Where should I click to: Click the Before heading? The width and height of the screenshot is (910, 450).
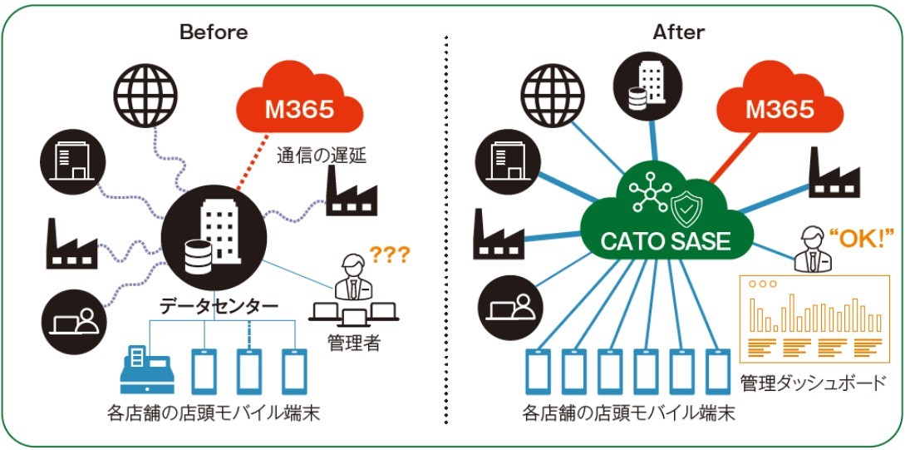(x=214, y=32)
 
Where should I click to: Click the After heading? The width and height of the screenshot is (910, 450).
(x=678, y=32)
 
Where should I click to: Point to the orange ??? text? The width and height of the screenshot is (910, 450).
(x=390, y=254)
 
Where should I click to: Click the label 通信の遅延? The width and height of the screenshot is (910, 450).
(x=322, y=156)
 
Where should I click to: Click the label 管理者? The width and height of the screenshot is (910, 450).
(x=354, y=343)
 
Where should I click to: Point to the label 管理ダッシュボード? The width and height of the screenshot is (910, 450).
(x=813, y=383)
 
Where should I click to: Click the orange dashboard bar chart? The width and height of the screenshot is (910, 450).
(x=814, y=319)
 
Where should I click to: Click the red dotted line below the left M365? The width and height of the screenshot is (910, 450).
(x=253, y=162)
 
